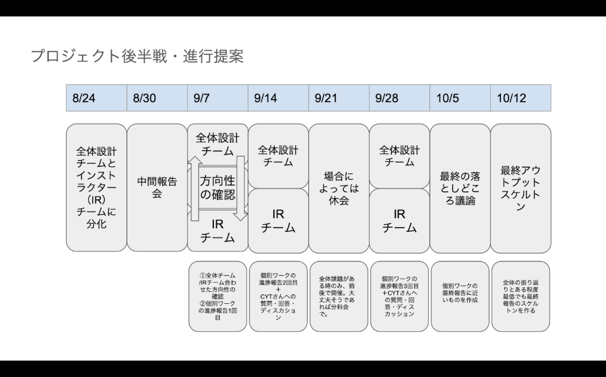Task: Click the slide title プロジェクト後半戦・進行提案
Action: pyautogui.click(x=137, y=56)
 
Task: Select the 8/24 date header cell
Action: pyautogui.click(x=97, y=98)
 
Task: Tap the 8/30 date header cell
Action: pyautogui.click(x=157, y=98)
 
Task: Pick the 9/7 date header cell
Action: pyautogui.click(x=218, y=98)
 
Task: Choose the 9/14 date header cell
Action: pyautogui.click(x=278, y=98)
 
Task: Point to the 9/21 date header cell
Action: pyautogui.click(x=339, y=98)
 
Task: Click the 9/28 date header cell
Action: pyautogui.click(x=400, y=98)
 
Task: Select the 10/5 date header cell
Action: pyautogui.click(x=460, y=98)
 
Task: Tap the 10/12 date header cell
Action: pyautogui.click(x=521, y=98)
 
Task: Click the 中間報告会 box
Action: pyautogui.click(x=157, y=187)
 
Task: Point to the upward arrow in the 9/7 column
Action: pyautogui.click(x=195, y=188)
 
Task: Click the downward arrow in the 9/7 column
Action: pyautogui.click(x=241, y=188)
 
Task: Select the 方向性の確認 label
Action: pyautogui.click(x=217, y=187)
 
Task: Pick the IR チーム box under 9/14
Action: pyautogui.click(x=278, y=221)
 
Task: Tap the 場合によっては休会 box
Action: pyautogui.click(x=339, y=188)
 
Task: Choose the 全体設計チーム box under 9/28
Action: pyautogui.click(x=400, y=156)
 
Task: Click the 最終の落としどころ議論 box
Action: pyautogui.click(x=460, y=188)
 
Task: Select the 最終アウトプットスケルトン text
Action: pyautogui.click(x=520, y=188)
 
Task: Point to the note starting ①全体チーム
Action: pyautogui.click(x=217, y=296)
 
